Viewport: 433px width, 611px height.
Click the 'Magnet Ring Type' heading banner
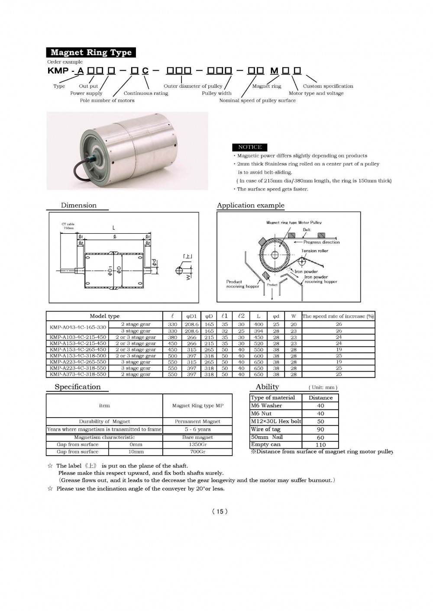tap(91, 53)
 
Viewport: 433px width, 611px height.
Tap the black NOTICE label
tap(250, 147)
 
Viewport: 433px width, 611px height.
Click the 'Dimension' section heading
tap(78, 206)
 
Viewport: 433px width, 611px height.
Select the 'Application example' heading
tap(250, 206)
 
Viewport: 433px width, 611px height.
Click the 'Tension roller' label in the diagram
tap(315, 251)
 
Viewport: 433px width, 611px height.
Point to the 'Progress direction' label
tap(321, 242)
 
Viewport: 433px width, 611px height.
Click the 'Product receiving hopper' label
tap(242, 284)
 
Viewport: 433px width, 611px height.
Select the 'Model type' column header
tap(104, 316)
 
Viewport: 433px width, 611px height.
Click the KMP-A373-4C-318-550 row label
tap(78, 374)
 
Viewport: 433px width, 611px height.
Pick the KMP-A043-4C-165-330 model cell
tap(78, 328)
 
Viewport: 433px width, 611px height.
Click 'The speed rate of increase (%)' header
tap(338, 316)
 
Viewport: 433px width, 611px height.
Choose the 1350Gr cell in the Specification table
tap(197, 444)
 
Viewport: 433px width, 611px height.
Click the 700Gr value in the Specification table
tap(197, 452)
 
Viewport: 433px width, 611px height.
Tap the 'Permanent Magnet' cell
tap(197, 421)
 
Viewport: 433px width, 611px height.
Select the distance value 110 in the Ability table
tap(320, 445)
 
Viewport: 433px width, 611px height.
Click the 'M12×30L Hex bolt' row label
tap(276, 421)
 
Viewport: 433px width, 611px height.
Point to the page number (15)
tap(220, 511)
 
